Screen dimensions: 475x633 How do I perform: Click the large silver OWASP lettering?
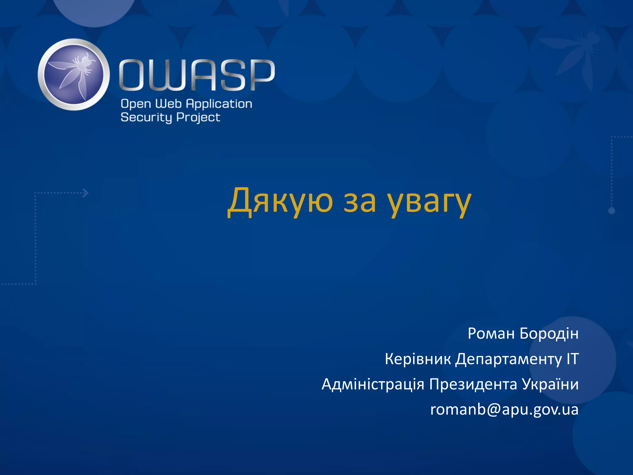(x=197, y=75)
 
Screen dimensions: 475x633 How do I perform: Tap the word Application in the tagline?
(x=219, y=104)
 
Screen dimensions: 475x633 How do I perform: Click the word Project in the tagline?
(x=198, y=118)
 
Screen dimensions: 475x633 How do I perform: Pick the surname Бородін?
(x=549, y=333)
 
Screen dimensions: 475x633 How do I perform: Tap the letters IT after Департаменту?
(x=572, y=359)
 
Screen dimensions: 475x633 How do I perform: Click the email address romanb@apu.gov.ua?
(x=504, y=410)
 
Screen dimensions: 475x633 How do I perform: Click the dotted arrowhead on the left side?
(x=86, y=193)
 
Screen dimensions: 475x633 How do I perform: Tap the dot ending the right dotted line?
(x=611, y=211)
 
